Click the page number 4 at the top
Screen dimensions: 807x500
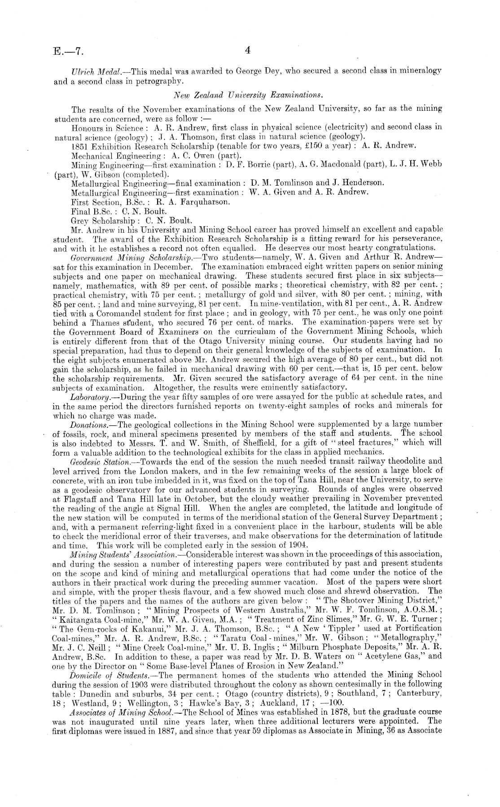[x=248, y=51]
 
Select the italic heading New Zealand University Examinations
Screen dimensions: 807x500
[x=248, y=95]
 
